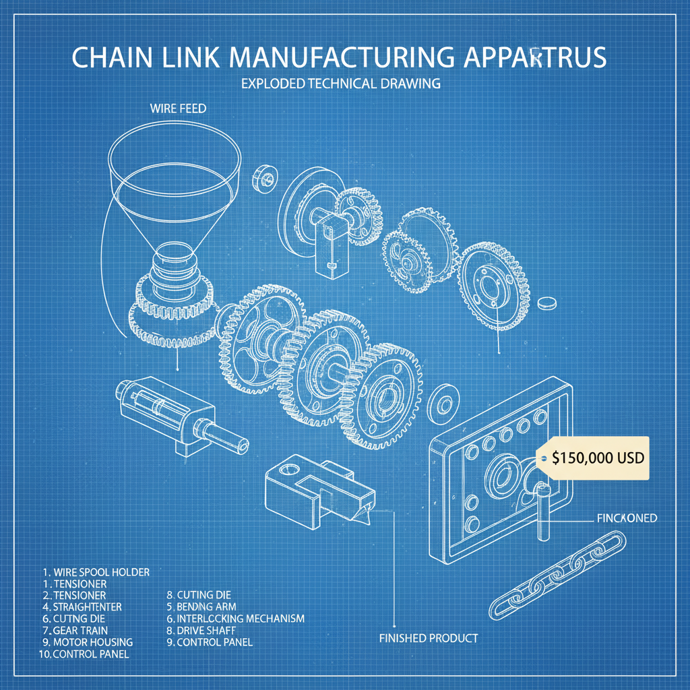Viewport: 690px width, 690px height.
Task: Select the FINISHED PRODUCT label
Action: [x=429, y=637]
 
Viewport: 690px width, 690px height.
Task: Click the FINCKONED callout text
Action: [x=627, y=518]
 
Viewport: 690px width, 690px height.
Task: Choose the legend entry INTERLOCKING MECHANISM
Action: [x=239, y=618]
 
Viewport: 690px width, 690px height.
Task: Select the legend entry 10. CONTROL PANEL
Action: [x=85, y=654]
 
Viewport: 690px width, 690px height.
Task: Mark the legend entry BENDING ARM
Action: [x=206, y=606]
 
